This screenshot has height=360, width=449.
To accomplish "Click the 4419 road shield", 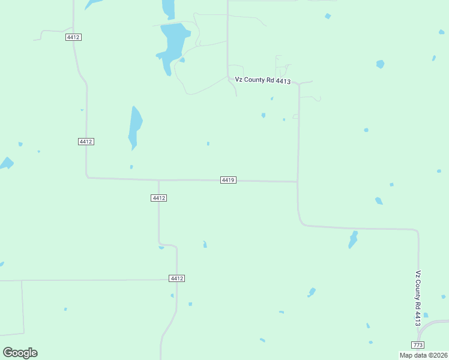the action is [x=228, y=180].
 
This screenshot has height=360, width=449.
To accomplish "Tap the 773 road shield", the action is [x=418, y=344].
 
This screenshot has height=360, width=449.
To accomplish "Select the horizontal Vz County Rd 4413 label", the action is [x=263, y=80].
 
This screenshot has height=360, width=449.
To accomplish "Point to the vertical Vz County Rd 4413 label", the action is [x=418, y=298].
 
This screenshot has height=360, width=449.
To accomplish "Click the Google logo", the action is [x=20, y=352].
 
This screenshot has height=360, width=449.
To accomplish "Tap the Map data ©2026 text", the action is [x=424, y=355].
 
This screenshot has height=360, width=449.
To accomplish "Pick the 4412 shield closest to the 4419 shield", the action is [x=158, y=198].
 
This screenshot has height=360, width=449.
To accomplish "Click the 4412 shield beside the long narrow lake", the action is [x=86, y=142].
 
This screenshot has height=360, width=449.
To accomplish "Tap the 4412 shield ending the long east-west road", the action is [x=176, y=278].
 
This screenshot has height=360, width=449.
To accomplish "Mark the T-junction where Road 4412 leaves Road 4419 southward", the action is [x=158, y=180].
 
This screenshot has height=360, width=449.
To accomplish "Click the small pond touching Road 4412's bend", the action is [x=161, y=247].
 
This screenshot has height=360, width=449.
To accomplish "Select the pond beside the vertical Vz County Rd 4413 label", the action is [x=426, y=315].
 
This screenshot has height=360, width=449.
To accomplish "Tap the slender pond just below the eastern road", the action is [x=353, y=239].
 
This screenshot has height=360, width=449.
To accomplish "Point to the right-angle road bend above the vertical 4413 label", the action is [x=417, y=231].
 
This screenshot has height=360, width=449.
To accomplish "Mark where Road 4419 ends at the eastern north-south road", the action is [x=298, y=181].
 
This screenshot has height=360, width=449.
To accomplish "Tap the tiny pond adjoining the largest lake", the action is [x=182, y=60].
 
